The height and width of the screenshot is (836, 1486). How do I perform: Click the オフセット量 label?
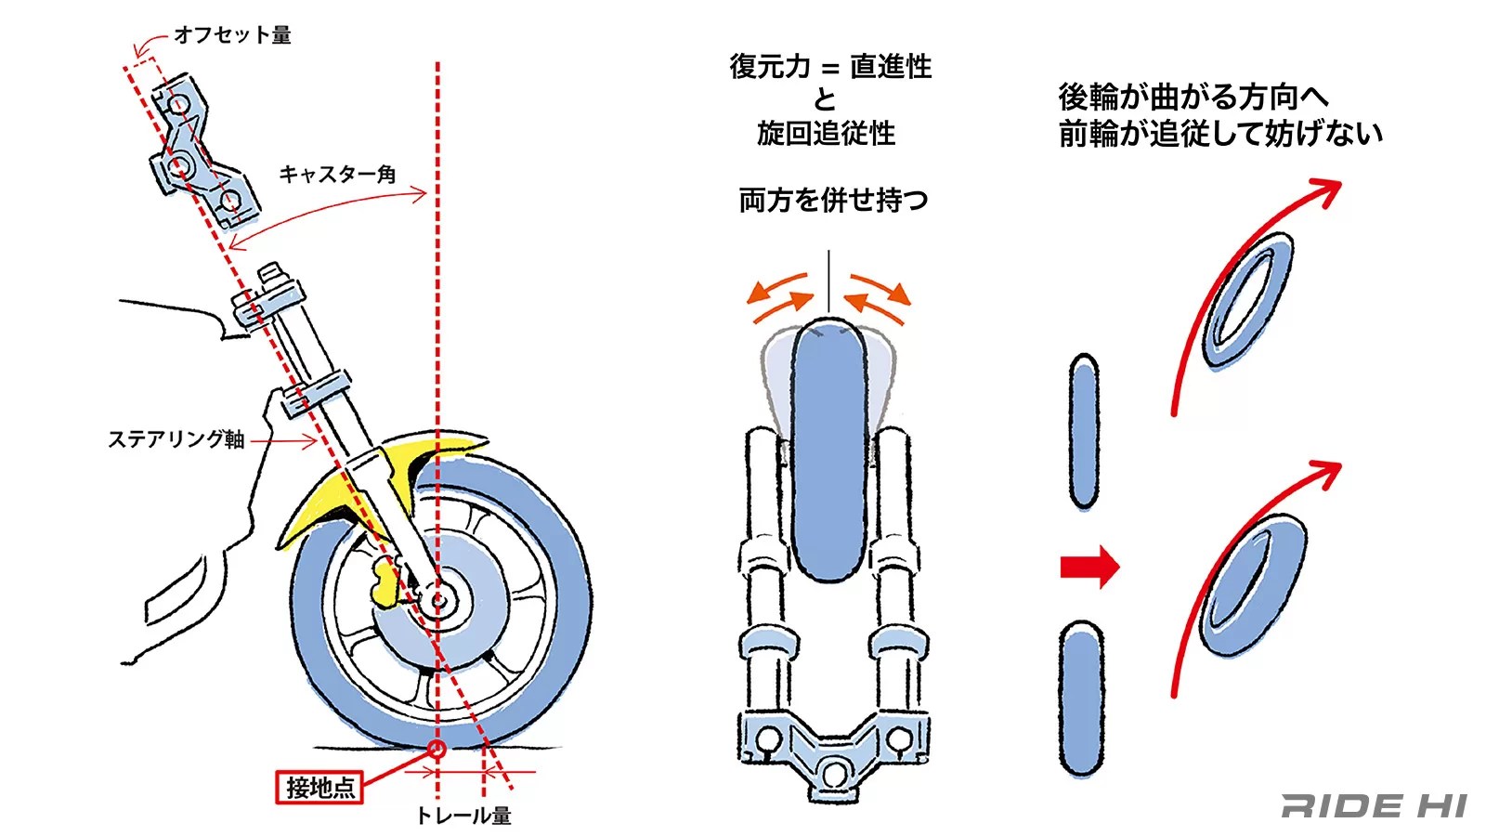pyautogui.click(x=232, y=35)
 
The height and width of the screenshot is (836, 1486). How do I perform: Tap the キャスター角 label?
pyautogui.click(x=337, y=175)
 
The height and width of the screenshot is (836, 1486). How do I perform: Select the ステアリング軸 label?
pyautogui.click(x=176, y=439)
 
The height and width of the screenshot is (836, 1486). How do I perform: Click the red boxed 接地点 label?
pyautogui.click(x=319, y=788)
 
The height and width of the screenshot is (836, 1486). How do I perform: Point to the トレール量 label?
pyautogui.click(x=463, y=816)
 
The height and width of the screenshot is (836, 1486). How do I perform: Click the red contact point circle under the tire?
pyautogui.click(x=437, y=749)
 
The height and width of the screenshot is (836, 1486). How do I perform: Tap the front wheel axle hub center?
pyautogui.click(x=437, y=601)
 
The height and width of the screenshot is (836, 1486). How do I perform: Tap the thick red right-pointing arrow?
pyautogui.click(x=1089, y=567)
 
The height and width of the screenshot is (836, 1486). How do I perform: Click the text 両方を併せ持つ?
pyautogui.click(x=833, y=201)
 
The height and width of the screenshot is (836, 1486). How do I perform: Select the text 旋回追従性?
pyautogui.click(x=826, y=134)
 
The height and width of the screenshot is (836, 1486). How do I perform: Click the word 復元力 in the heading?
pyautogui.click(x=769, y=67)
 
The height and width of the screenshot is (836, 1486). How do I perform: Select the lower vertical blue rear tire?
pyautogui.click(x=1082, y=699)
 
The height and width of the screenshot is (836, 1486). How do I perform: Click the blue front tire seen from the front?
pyautogui.click(x=828, y=451)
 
